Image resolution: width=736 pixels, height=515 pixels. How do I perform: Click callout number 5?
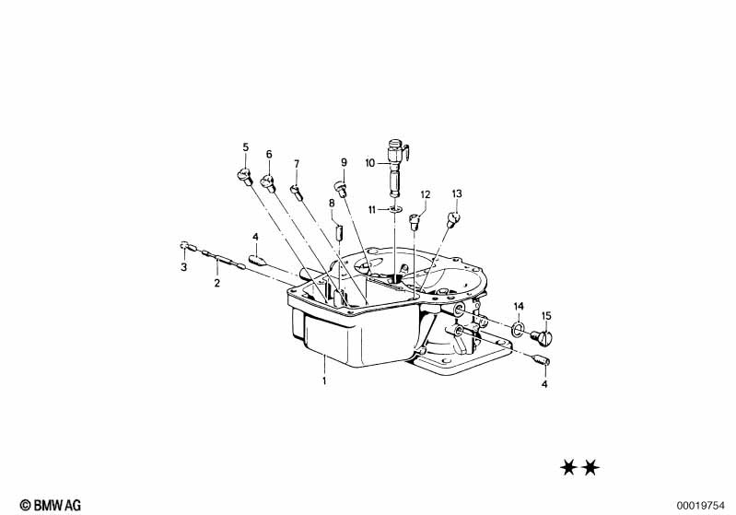click(246, 147)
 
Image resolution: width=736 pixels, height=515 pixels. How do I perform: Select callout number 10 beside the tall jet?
click(370, 163)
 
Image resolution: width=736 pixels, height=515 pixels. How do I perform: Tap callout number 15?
click(546, 315)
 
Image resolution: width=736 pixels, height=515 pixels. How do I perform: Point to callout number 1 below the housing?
click(324, 380)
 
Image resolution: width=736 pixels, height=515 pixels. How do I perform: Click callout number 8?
click(332, 204)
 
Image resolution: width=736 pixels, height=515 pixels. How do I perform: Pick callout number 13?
click(457, 193)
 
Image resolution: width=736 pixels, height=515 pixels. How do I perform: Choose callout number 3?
click(184, 267)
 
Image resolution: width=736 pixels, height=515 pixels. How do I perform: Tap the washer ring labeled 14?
click(518, 327)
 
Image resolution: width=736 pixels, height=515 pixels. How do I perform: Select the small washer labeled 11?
click(396, 207)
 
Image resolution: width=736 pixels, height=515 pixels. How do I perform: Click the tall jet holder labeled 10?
click(396, 168)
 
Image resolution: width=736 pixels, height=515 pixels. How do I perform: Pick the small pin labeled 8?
click(339, 232)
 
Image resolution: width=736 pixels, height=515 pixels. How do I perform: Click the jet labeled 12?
click(414, 221)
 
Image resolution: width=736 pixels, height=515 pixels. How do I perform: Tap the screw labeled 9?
click(340, 189)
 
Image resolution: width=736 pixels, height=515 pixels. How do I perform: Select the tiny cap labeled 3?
click(184, 244)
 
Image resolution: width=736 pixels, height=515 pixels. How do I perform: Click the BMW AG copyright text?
click(51, 505)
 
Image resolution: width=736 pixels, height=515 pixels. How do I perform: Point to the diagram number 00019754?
click(701, 506)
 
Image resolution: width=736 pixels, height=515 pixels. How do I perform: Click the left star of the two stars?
click(568, 468)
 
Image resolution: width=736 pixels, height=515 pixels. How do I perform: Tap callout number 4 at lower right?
click(544, 384)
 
